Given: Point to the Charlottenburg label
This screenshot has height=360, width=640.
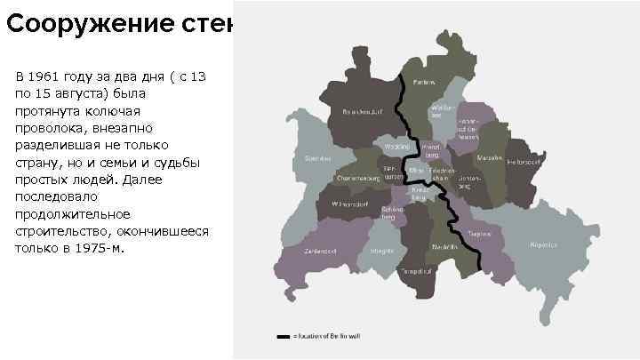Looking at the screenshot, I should click(x=357, y=178).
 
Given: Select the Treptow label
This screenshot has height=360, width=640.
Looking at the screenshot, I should click(x=481, y=234).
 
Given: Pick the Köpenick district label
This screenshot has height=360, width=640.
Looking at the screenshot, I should click(x=544, y=244).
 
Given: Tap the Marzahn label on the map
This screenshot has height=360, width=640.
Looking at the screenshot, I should click(x=489, y=157).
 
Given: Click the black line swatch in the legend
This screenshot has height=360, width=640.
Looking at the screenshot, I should click(x=283, y=337).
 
